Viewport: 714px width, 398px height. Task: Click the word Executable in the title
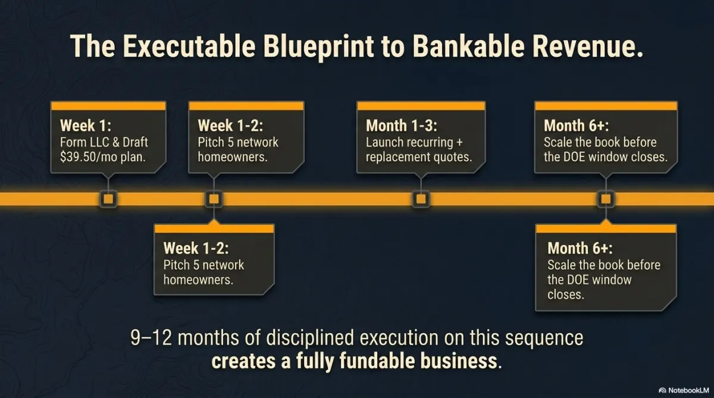(x=189, y=46)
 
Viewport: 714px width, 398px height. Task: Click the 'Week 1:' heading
(x=86, y=126)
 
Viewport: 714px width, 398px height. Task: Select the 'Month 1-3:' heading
(x=401, y=126)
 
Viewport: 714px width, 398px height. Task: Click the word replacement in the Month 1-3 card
(x=402, y=157)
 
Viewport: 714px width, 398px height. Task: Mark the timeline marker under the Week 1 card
(x=108, y=199)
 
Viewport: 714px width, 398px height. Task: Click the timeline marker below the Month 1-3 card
(x=421, y=199)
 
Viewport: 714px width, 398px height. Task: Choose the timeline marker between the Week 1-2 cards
(x=214, y=199)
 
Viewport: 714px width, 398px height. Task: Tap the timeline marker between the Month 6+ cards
(x=606, y=199)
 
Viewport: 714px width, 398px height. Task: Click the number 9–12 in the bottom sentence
(x=151, y=338)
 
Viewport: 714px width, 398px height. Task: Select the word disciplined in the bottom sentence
(x=310, y=338)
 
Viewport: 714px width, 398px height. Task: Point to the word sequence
(x=544, y=339)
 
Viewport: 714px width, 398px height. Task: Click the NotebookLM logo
(x=684, y=390)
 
